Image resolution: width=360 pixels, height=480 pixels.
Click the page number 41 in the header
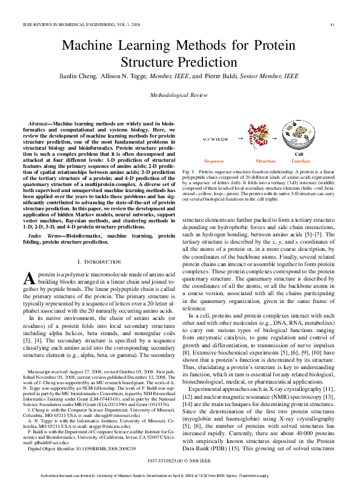(332, 24)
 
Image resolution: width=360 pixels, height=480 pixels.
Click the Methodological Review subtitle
(180, 95)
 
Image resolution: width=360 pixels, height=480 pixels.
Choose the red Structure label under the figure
(265, 162)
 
